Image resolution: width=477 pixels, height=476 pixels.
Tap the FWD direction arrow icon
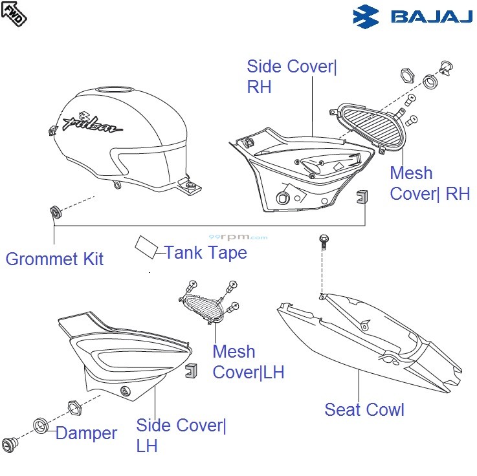pos(14,13)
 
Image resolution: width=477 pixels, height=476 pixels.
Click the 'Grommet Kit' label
pos(54,259)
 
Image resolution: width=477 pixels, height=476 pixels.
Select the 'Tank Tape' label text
pos(206,252)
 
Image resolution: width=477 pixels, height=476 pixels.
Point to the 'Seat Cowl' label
pos(364,409)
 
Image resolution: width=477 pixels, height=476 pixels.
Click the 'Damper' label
pos(86,433)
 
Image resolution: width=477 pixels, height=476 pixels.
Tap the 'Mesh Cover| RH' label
pos(430,184)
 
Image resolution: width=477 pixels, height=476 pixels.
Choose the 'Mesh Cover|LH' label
pos(248,362)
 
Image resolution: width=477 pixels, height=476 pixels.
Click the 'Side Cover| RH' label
pos(292,76)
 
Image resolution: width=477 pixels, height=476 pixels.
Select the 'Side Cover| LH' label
pos(181,435)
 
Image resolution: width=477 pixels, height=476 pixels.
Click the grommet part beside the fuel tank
pos(55,211)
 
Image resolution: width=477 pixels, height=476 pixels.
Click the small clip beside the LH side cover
pos(191,371)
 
